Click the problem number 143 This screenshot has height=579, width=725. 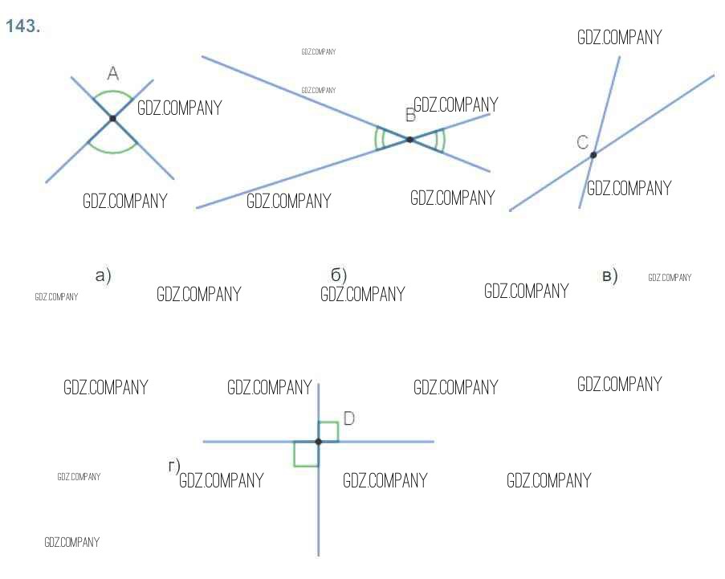point(22,27)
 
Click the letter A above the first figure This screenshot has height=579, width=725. point(112,74)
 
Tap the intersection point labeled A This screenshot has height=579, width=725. point(112,119)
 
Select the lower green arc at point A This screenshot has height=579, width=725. point(112,151)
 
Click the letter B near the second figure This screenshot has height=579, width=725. point(410,116)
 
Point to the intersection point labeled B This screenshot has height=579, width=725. point(409,140)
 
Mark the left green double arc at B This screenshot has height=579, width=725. point(378,139)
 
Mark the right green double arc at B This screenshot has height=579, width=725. point(441,140)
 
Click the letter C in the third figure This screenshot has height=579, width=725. point(583,142)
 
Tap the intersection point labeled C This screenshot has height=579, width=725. point(593,154)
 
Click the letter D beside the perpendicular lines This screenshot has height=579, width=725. point(348,418)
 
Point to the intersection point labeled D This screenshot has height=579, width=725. point(319,442)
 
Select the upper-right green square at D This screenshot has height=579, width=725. point(328,431)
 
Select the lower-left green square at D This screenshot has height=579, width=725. point(306,454)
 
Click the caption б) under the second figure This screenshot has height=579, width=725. point(339,275)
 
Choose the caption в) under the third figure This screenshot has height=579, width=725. point(610,277)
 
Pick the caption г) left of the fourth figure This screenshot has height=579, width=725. point(173,466)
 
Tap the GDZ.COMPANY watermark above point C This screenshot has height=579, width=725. point(619,38)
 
